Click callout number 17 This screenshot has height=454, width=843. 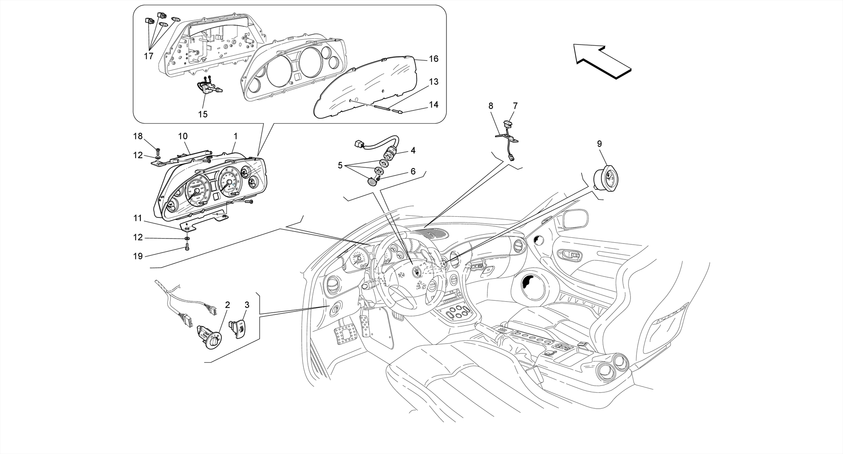click(149, 56)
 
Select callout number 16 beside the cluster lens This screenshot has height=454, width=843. click(433, 59)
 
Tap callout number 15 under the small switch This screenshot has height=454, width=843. click(203, 114)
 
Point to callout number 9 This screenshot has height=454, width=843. click(599, 144)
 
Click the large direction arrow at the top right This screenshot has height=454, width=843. click(602, 62)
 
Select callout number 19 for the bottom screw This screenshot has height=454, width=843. click(137, 256)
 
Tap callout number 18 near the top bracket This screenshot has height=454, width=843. click(137, 136)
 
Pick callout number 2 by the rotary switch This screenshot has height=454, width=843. click(227, 305)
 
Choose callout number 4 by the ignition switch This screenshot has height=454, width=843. click(413, 150)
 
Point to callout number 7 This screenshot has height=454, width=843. click(515, 106)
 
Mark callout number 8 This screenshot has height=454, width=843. click(491, 106)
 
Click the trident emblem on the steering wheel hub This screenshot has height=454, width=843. click(417, 272)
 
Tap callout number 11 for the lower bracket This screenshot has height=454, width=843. click(137, 218)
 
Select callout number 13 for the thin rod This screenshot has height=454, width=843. click(433, 82)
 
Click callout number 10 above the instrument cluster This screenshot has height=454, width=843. click(183, 136)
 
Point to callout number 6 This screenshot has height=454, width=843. click(413, 171)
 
